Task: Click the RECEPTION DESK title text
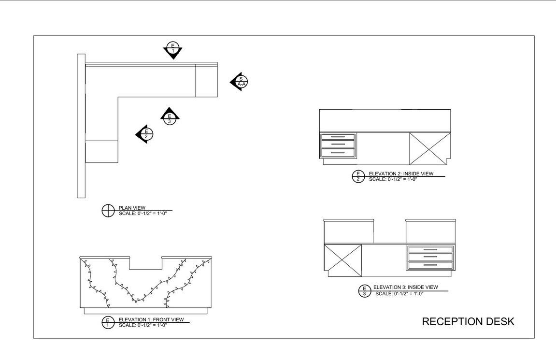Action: [468, 322]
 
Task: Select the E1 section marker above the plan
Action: [172, 49]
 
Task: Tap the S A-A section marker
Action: [240, 82]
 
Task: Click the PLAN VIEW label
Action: [132, 208]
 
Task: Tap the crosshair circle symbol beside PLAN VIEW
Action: [108, 211]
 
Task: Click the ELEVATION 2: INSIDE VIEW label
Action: [401, 173]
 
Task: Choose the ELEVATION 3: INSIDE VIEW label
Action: [405, 287]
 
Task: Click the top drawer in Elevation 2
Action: [338, 137]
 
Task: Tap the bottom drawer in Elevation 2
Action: [338, 153]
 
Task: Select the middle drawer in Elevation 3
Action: [430, 257]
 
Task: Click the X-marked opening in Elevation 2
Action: [429, 149]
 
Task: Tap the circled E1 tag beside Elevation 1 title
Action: [108, 322]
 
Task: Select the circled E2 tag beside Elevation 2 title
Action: [358, 176]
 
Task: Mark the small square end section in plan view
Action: [206, 81]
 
